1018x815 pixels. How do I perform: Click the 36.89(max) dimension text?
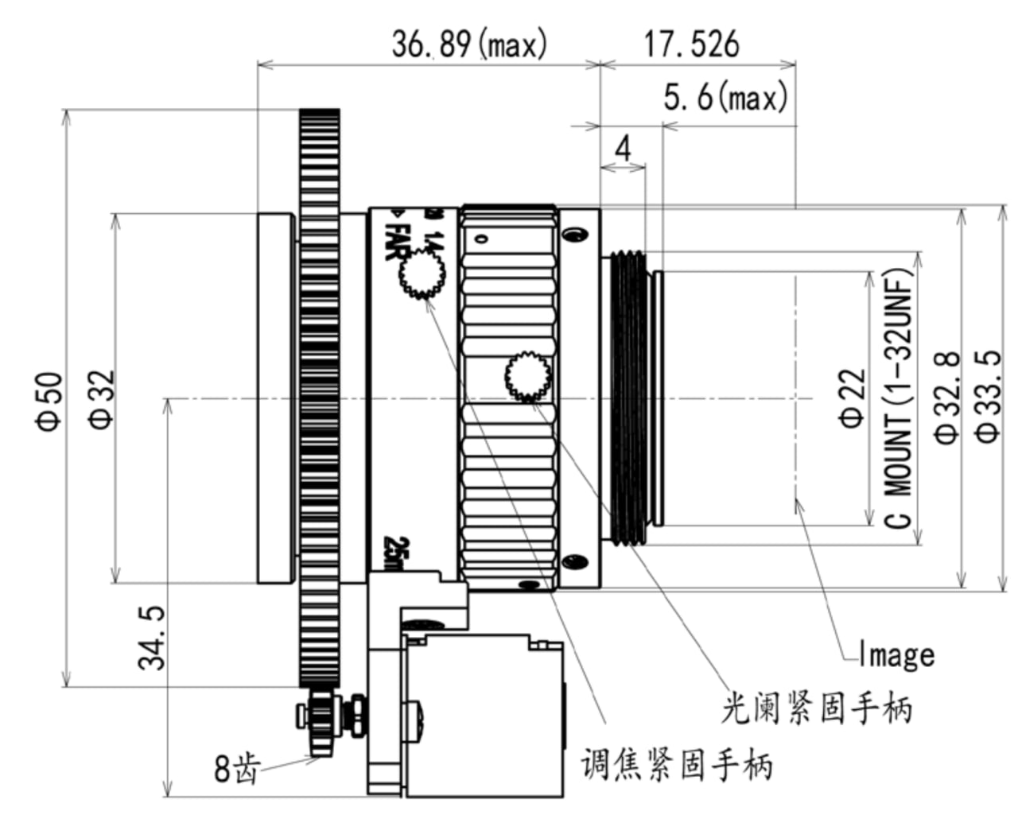pos(469,45)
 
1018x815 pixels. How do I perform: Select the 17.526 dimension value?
pos(691,44)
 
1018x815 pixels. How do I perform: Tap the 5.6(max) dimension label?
pos(725,99)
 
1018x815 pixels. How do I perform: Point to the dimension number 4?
pos(623,148)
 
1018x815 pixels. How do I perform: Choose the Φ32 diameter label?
pos(103,399)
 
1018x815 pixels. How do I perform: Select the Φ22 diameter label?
pos(852,398)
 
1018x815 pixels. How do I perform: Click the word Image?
pos(896,655)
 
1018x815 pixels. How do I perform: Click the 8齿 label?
pos(236,768)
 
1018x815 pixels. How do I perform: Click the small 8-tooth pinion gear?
pos(321,719)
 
